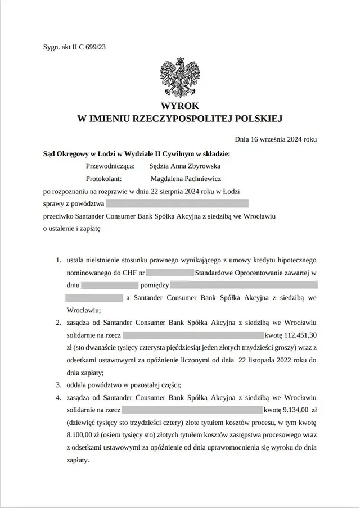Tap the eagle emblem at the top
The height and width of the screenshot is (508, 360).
(179, 77)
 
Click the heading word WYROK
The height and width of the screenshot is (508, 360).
(179, 106)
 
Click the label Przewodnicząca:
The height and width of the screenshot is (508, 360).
(110, 166)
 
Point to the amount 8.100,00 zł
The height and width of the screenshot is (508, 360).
(86, 434)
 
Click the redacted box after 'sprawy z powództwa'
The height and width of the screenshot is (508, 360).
(177, 203)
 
